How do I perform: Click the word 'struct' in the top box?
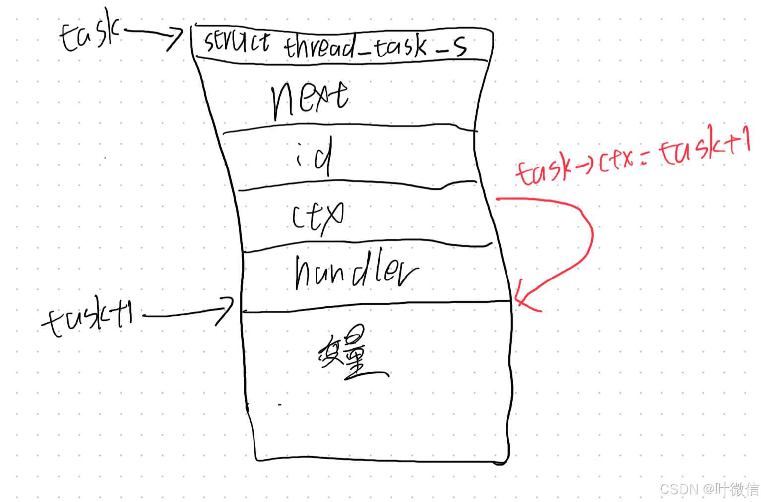coord(237,41)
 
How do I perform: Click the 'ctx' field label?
coord(317,216)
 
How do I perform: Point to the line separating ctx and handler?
coord(367,245)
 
